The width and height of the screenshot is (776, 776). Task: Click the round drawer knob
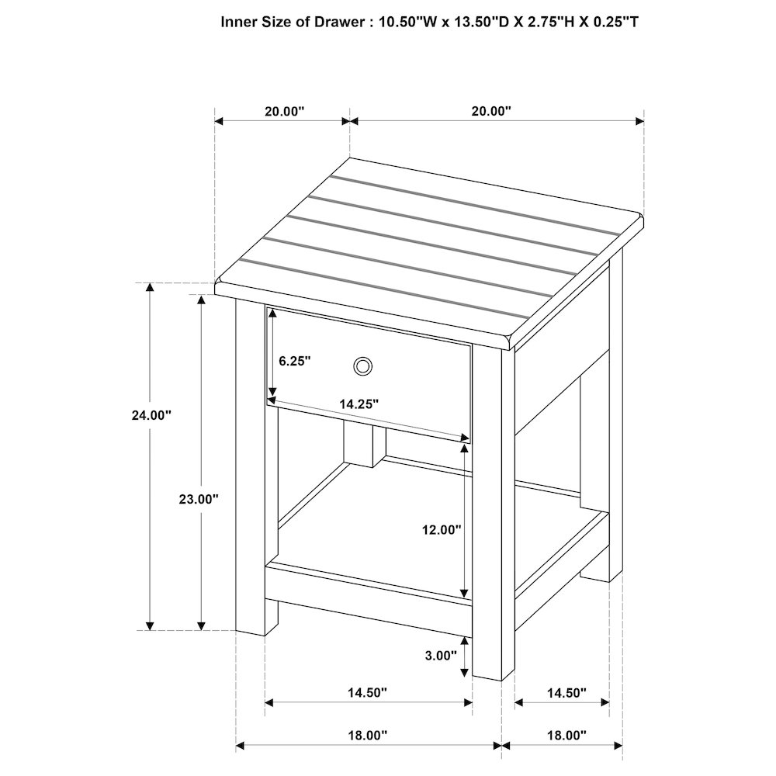pos(362,365)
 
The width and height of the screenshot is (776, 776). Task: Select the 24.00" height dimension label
pos(151,415)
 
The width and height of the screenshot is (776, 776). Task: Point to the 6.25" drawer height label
pos(294,361)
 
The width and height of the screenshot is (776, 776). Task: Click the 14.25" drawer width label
pos(359,404)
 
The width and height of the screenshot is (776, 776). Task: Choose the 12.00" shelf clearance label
pos(442,530)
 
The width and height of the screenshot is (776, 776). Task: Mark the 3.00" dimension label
pos(441,656)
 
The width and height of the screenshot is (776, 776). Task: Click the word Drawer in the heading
pos(331,22)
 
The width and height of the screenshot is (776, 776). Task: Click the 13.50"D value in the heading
pos(479,22)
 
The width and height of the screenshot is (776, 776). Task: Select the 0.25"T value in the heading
pos(614,22)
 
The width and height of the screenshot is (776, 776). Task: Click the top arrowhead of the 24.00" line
pos(151,288)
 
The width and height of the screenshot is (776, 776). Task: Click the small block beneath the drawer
pos(365,445)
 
